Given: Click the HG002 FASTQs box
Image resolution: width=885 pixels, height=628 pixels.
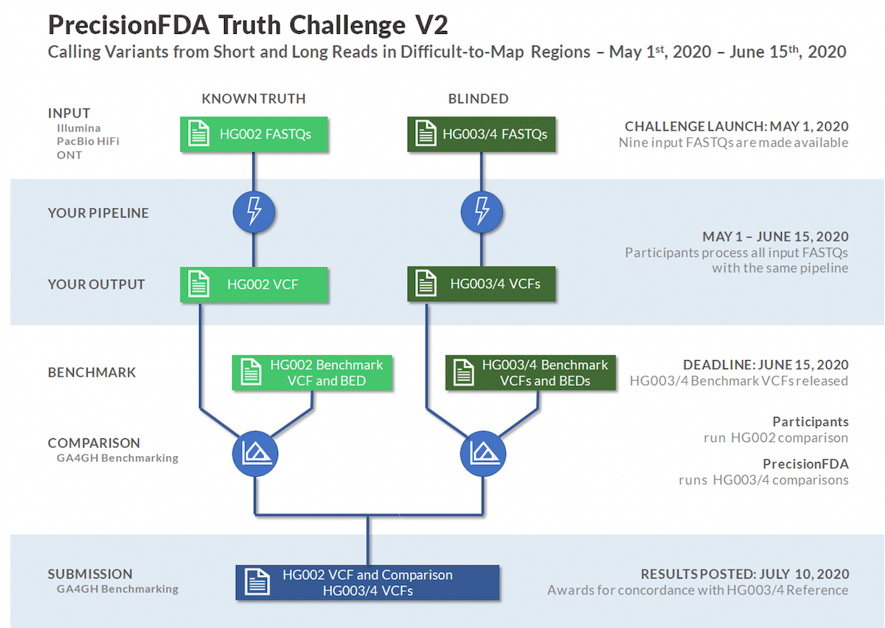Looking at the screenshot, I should click(x=253, y=134).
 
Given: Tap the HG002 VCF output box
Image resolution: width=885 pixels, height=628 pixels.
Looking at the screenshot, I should click(x=253, y=284).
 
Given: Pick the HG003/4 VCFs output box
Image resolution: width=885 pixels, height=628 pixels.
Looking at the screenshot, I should click(x=483, y=284).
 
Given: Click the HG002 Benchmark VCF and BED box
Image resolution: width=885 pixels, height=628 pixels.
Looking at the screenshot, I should click(x=313, y=373).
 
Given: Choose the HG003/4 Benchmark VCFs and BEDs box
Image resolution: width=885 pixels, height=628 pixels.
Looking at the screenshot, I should click(x=530, y=373).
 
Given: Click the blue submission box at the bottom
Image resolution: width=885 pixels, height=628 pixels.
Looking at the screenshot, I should click(x=367, y=583).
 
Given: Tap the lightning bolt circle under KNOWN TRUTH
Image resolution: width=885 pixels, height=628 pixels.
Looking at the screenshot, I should click(x=254, y=213).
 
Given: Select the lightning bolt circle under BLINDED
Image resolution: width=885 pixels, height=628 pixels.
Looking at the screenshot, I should click(x=482, y=213).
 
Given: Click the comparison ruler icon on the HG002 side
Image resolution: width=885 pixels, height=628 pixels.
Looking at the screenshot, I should click(x=254, y=454).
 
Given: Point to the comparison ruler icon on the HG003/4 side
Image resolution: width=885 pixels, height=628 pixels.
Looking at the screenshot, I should click(x=482, y=454).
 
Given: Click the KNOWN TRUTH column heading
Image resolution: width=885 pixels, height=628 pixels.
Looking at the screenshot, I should click(x=253, y=98).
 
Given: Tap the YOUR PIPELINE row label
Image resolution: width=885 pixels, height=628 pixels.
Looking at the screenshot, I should click(x=98, y=213).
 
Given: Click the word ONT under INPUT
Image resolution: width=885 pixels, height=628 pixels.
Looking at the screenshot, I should click(x=69, y=155).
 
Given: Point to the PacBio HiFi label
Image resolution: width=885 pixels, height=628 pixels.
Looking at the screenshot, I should click(x=88, y=142).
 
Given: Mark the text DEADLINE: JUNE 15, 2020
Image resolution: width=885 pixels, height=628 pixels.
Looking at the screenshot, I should click(x=766, y=365).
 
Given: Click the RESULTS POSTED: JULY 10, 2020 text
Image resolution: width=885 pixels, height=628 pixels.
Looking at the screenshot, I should click(x=744, y=574).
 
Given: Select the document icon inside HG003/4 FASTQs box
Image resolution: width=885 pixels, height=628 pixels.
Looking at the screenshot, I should click(x=426, y=134).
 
